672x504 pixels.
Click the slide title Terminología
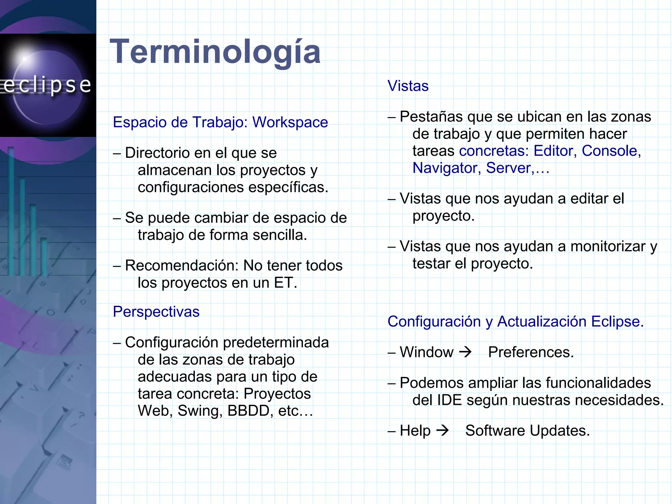coord(215,52)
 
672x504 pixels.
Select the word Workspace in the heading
coord(290,122)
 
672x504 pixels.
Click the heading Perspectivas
coord(156,312)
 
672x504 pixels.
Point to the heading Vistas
coord(408,86)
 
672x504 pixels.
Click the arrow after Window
coord(465,352)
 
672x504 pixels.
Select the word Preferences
coord(531,352)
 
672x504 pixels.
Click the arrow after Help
coord(443,430)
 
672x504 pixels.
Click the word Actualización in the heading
coord(542,321)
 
